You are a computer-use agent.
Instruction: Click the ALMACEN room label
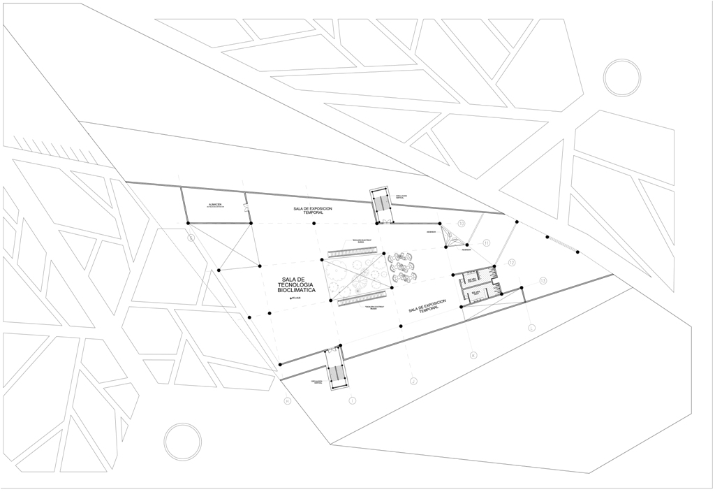(214, 205)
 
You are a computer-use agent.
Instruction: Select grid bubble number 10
(461, 224)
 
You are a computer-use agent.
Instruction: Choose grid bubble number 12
(512, 263)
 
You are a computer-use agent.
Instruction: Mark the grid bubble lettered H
(286, 400)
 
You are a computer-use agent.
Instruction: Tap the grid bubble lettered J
(413, 381)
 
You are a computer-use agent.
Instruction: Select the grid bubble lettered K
(473, 355)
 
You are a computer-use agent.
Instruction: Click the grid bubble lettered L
(532, 327)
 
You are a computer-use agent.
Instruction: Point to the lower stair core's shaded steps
(336, 374)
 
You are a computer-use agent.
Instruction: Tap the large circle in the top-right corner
(621, 78)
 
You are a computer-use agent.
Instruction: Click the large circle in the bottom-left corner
(183, 442)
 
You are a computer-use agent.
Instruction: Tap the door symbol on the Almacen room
(246, 207)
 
